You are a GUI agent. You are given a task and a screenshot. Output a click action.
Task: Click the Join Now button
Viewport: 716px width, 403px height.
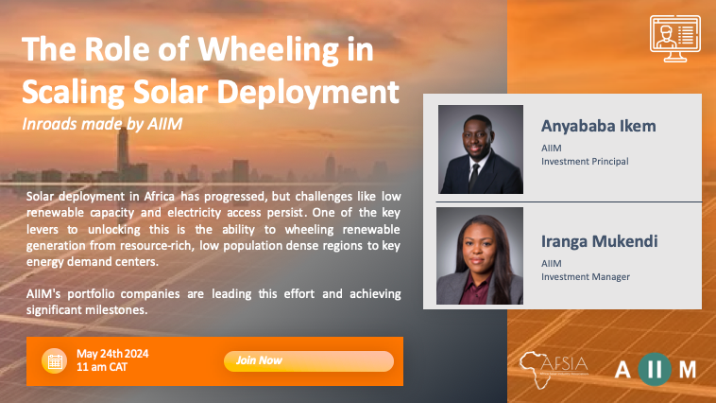[x=309, y=361]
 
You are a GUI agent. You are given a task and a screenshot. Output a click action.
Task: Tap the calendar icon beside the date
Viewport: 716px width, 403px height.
[x=55, y=361]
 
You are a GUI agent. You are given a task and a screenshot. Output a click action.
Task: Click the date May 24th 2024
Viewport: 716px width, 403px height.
[x=112, y=354]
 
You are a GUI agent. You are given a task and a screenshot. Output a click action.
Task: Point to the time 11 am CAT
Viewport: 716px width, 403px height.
[x=102, y=367]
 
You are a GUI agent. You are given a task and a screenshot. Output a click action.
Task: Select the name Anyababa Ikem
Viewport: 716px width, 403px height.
[x=598, y=126]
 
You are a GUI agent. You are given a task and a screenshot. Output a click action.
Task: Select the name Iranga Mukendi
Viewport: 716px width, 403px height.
[x=599, y=241]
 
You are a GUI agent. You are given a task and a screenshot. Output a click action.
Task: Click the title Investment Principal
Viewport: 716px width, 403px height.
[x=585, y=162]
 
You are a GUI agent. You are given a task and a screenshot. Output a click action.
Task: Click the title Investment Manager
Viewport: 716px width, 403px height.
[x=586, y=277]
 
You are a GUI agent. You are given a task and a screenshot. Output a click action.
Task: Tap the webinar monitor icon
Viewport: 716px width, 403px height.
[x=675, y=39]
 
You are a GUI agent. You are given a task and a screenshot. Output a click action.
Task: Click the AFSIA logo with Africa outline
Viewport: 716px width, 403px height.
[x=554, y=369]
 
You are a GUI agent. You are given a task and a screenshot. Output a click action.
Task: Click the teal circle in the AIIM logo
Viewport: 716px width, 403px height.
[x=655, y=369]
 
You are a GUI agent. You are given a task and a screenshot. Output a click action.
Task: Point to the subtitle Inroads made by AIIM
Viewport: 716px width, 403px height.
[x=102, y=124]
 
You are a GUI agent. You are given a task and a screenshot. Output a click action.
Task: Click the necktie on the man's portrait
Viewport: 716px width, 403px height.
[x=474, y=177]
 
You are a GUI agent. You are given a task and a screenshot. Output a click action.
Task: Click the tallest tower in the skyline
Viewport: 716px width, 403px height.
[x=123, y=152]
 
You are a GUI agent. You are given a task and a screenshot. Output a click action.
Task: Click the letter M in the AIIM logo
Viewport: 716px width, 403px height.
[x=688, y=370]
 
